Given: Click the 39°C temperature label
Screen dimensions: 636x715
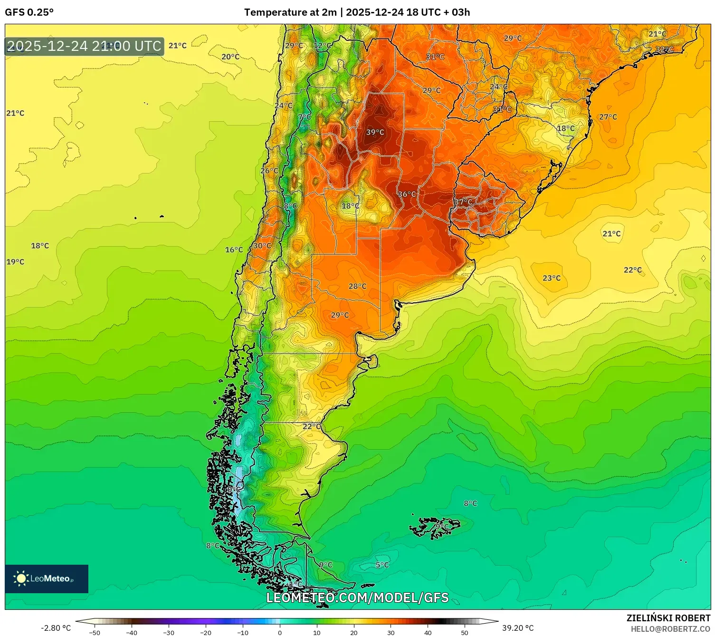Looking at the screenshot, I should tap(375, 132).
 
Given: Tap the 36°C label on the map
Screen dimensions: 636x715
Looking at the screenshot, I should tap(407, 194).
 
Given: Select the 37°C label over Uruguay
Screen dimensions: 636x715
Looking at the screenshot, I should tap(463, 202).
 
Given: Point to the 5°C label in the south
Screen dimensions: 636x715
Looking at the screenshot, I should tap(382, 565).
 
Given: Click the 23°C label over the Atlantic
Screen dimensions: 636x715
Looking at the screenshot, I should tap(552, 278).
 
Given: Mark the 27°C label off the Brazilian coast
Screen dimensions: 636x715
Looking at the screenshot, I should tap(608, 117).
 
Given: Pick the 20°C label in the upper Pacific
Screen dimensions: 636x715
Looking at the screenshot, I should tap(230, 57).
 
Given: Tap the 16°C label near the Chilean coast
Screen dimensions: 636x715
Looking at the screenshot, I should tap(234, 250).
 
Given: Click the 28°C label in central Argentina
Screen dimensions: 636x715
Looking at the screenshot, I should tap(357, 286).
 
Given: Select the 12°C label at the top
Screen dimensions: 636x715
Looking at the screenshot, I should tap(323, 46).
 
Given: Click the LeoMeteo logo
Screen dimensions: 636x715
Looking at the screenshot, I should tap(47, 578).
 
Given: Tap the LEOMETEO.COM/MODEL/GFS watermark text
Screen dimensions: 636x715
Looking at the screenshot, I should tap(357, 597).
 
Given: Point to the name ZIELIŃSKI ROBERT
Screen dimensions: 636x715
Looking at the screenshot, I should tap(668, 618).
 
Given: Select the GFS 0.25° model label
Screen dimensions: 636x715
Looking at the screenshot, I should tap(29, 12).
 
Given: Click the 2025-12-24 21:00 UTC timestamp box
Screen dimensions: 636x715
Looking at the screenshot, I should tap(85, 46).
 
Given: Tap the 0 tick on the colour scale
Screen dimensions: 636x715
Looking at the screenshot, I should tap(280, 632).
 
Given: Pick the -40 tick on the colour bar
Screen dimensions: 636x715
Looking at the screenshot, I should tap(132, 632).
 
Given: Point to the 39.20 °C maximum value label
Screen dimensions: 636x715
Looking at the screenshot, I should tap(518, 628).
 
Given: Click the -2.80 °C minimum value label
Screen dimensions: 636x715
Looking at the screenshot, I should tap(56, 628).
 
